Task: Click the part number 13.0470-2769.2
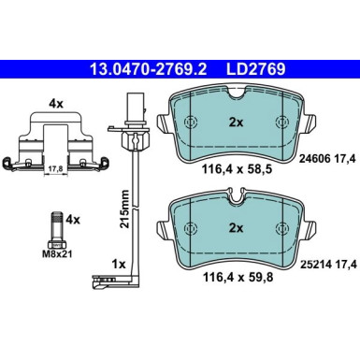click(147, 68)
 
